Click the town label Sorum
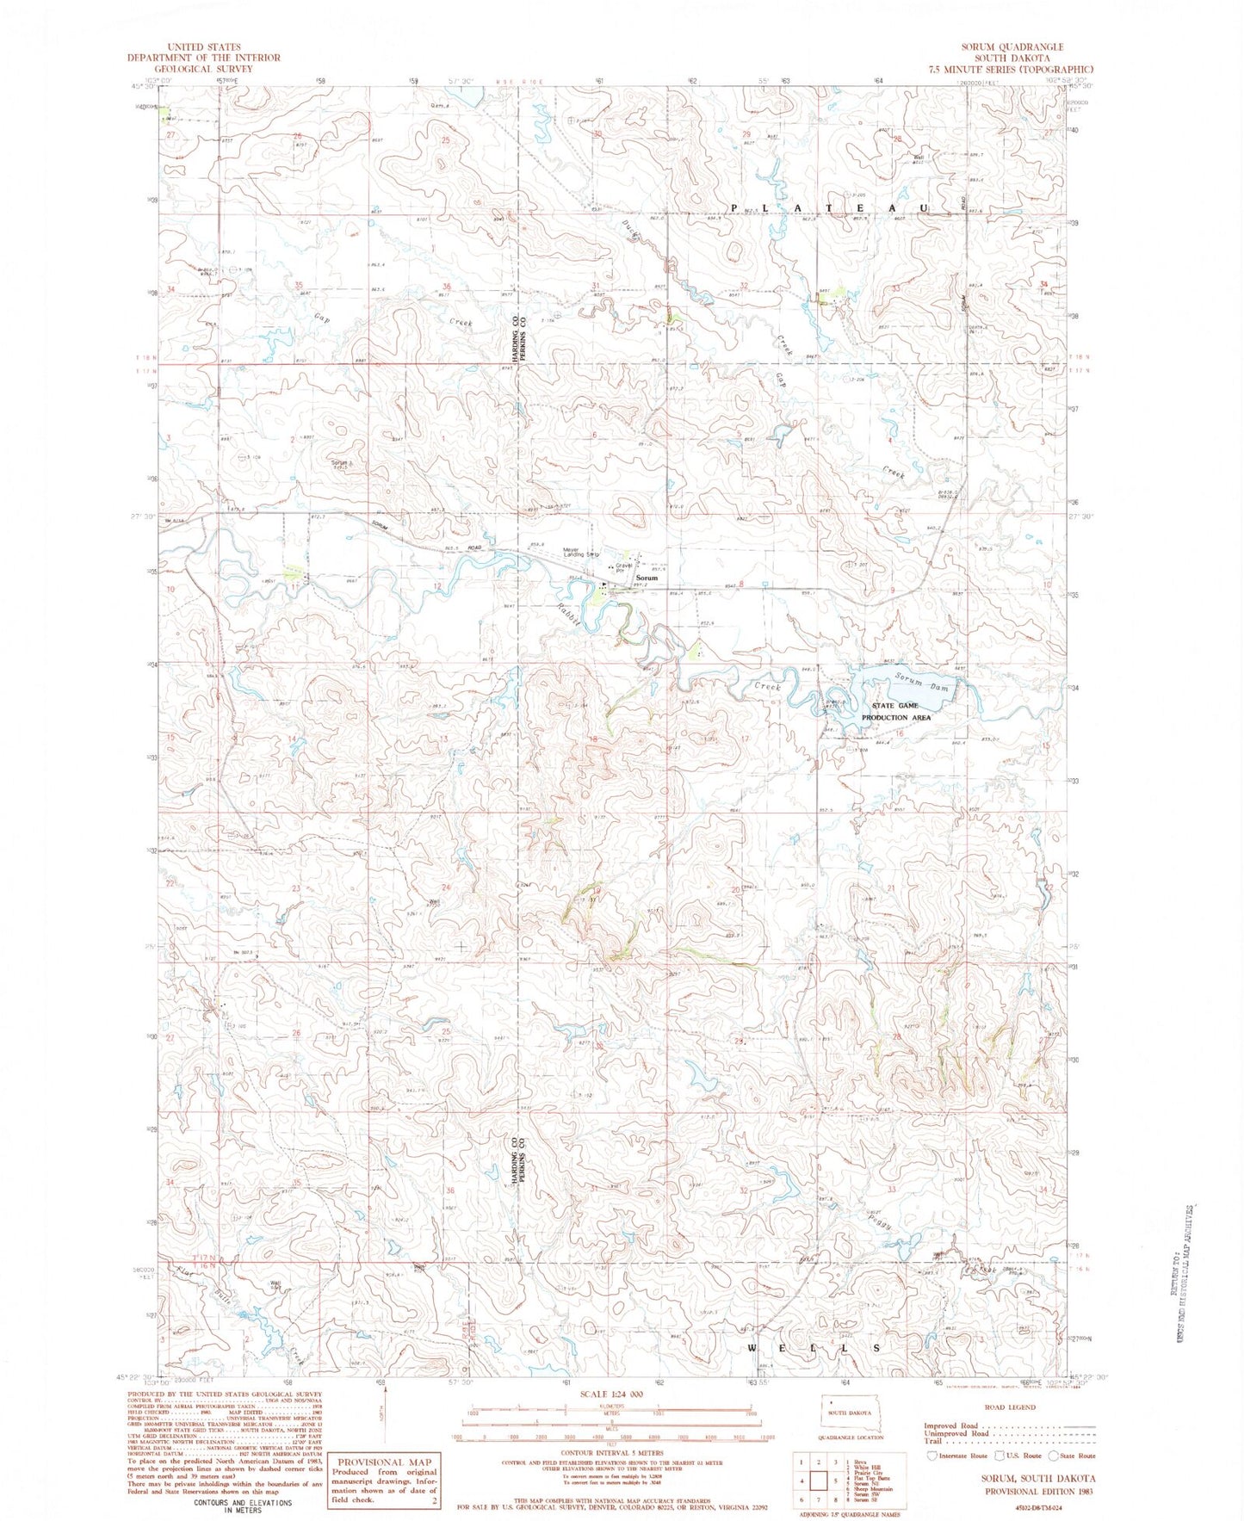pos(647,578)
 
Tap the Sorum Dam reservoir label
pos(921,684)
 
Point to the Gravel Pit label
pos(624,568)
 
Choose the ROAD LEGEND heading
pos(1009,1407)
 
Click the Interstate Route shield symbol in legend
pos(932,1456)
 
